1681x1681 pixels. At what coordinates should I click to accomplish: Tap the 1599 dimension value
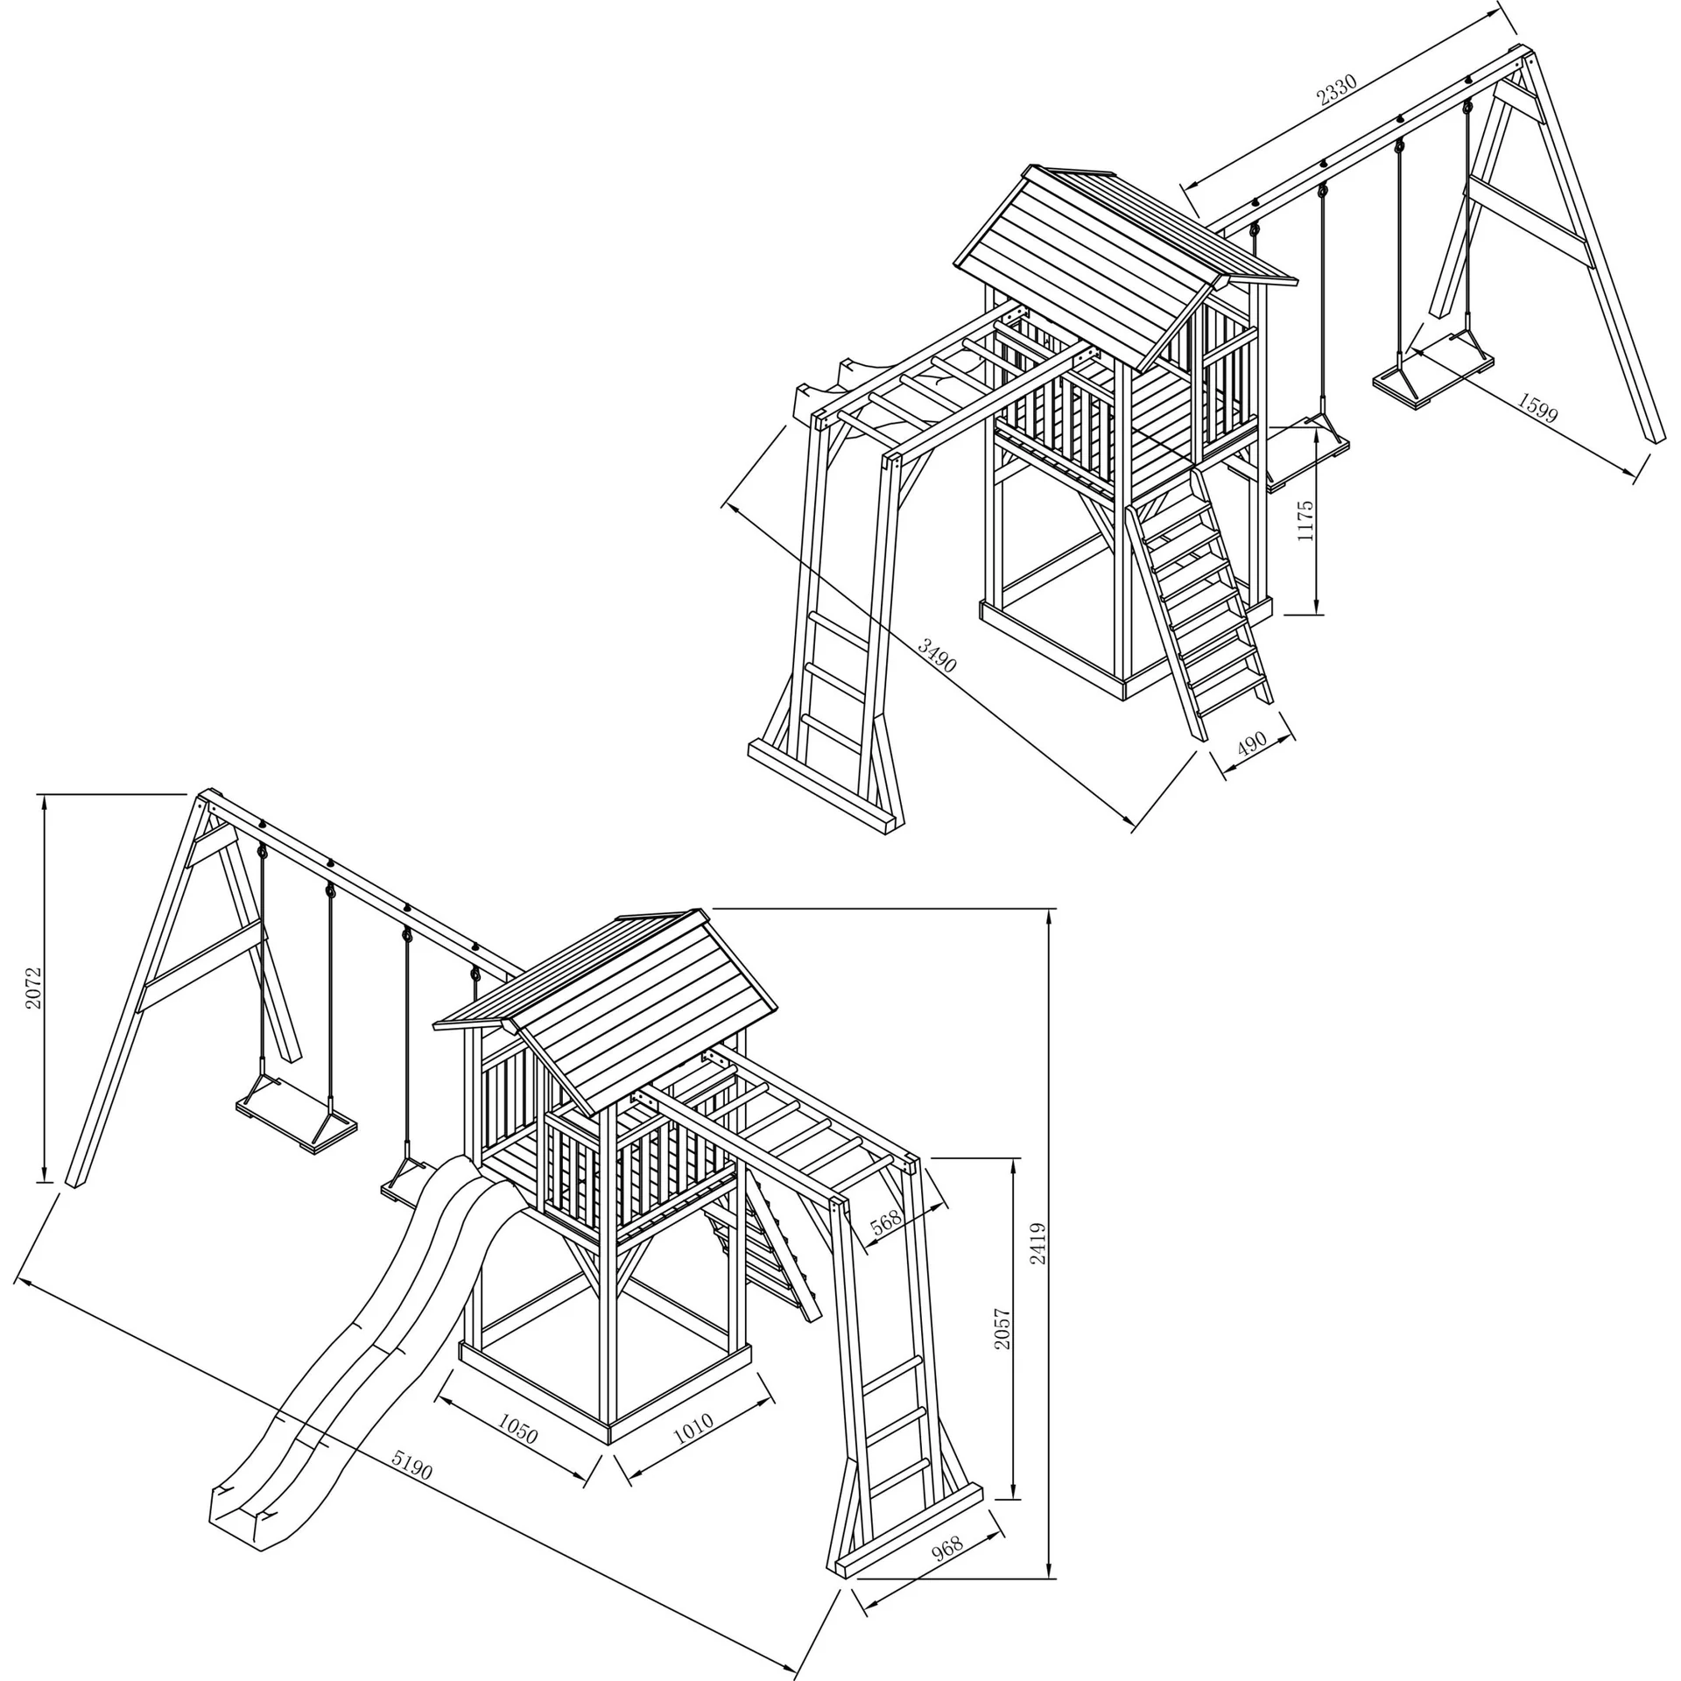(1537, 408)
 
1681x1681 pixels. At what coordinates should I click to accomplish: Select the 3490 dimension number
(938, 655)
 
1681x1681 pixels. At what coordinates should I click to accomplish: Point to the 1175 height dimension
(1305, 520)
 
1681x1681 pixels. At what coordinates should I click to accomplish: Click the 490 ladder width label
(1252, 742)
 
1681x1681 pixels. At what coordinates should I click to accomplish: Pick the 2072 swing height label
(32, 988)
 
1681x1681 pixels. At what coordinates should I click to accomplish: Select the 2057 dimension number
(1002, 1340)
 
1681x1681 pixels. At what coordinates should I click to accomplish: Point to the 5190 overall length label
(412, 1464)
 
